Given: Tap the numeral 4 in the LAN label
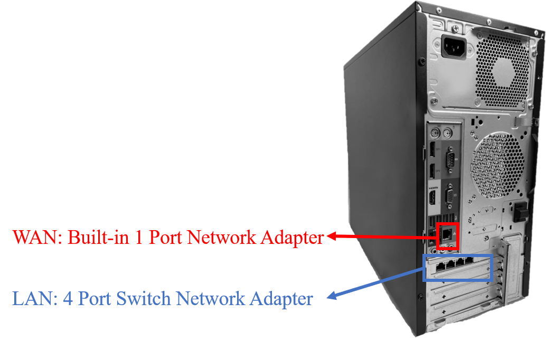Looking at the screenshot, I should click(68, 299).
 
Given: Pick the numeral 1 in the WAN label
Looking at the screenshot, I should click(138, 237).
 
